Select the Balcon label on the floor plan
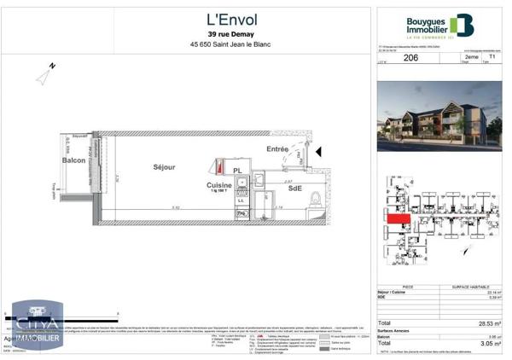74,160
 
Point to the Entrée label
277,149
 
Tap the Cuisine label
220,185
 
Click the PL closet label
239,170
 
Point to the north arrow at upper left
44,74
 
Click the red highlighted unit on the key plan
396,218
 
